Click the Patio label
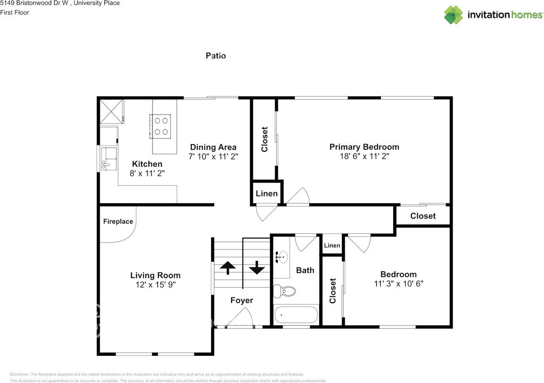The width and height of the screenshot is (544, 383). tap(215, 56)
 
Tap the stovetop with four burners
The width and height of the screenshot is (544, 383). tap(161, 126)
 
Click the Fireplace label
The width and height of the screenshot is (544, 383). tap(118, 221)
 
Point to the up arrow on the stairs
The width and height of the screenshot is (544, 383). tap(228, 268)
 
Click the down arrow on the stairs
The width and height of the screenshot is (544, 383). tap(257, 268)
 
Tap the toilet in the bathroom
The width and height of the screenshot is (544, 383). tap(285, 291)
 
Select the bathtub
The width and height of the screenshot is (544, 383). tap(296, 315)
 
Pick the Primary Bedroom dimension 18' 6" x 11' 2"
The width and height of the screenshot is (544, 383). tap(364, 156)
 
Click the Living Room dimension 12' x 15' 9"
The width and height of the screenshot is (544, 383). tap(155, 285)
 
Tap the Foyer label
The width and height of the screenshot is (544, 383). tap(241, 301)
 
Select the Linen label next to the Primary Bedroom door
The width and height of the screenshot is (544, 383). tap(266, 193)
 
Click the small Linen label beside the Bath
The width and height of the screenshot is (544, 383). tap(332, 245)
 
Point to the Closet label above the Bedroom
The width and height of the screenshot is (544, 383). tap(423, 216)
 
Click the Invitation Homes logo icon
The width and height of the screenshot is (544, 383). tap(453, 15)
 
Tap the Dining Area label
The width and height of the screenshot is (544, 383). tap(213, 148)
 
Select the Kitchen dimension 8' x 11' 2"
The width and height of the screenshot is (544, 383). tap(147, 173)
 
